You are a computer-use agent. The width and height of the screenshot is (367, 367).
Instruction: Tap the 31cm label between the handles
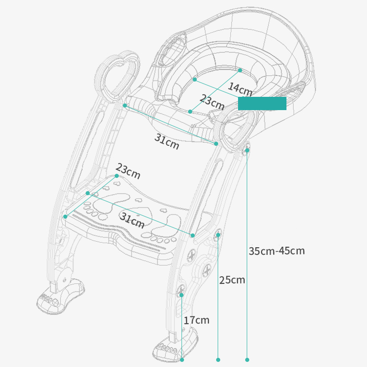tap(167, 141)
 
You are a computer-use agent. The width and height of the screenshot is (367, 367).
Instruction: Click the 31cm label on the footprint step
tap(132, 220)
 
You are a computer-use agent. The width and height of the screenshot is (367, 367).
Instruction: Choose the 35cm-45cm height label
tap(277, 251)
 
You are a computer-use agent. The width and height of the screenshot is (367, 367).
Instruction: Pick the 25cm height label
tap(232, 280)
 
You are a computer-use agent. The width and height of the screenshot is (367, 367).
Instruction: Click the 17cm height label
tap(196, 320)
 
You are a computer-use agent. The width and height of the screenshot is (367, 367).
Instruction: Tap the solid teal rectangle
tap(262, 103)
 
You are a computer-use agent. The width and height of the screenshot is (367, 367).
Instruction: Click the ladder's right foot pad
tap(176, 345)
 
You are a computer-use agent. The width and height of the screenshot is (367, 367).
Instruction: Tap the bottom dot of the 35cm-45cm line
tap(247, 359)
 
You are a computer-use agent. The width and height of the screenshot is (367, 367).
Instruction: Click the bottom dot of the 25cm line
tap(218, 359)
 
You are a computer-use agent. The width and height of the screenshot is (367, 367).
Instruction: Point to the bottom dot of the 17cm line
tap(182, 359)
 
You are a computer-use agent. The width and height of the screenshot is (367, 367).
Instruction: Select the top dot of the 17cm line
tap(181, 295)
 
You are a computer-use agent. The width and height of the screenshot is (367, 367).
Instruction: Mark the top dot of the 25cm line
tap(218, 235)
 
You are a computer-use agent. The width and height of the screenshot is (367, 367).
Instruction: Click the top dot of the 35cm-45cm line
tap(247, 150)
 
